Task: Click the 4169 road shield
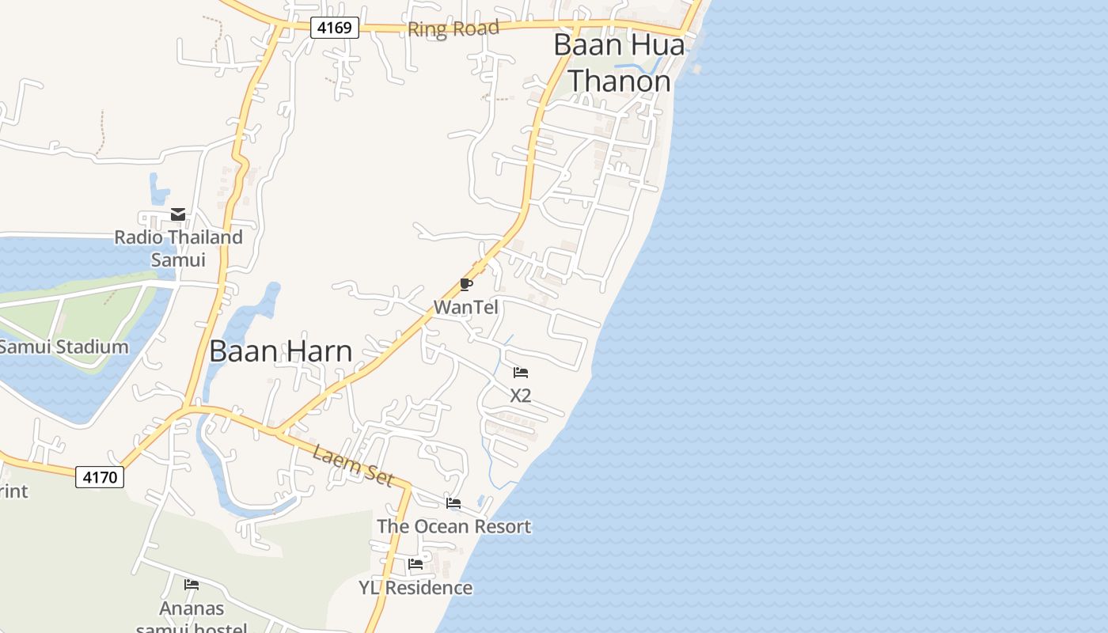(335, 28)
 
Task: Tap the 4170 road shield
(100, 477)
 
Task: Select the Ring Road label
(453, 29)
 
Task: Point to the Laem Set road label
(353, 465)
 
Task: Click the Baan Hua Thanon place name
(619, 63)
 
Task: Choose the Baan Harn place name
(281, 351)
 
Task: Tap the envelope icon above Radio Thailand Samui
(178, 214)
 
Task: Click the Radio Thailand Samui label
(178, 248)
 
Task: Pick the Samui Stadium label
(63, 347)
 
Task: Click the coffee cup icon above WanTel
(466, 285)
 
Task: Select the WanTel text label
(466, 307)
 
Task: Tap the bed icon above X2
(520, 373)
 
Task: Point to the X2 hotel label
(520, 396)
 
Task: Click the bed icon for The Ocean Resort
(453, 503)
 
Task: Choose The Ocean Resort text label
(453, 526)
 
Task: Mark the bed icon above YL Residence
(415, 565)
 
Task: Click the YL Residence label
(415, 588)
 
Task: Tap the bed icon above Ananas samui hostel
(192, 586)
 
